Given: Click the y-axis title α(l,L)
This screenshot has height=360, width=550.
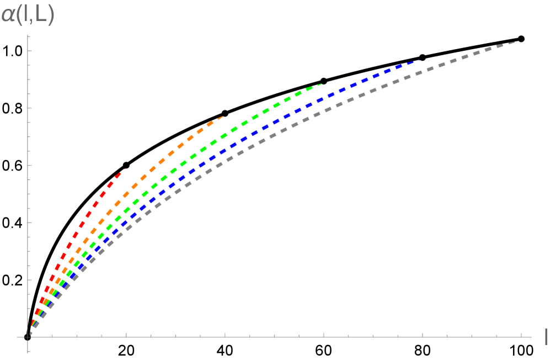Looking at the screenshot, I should [28, 15].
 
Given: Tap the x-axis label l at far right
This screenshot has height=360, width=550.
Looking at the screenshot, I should [545, 336].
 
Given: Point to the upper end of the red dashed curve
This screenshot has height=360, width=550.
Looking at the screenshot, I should [125, 169].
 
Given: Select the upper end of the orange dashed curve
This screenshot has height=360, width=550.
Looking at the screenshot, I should [222, 117].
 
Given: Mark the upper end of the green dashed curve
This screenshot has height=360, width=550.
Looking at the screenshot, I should [321, 84].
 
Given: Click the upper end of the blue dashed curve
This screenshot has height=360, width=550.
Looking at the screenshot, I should [420, 60].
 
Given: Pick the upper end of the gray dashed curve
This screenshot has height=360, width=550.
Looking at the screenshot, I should [514, 42].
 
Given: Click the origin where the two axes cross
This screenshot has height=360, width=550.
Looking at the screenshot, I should [28, 336].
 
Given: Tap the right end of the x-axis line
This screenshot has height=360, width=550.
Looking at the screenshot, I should [531, 336].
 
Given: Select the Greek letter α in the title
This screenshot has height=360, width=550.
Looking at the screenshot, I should [8, 15].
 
